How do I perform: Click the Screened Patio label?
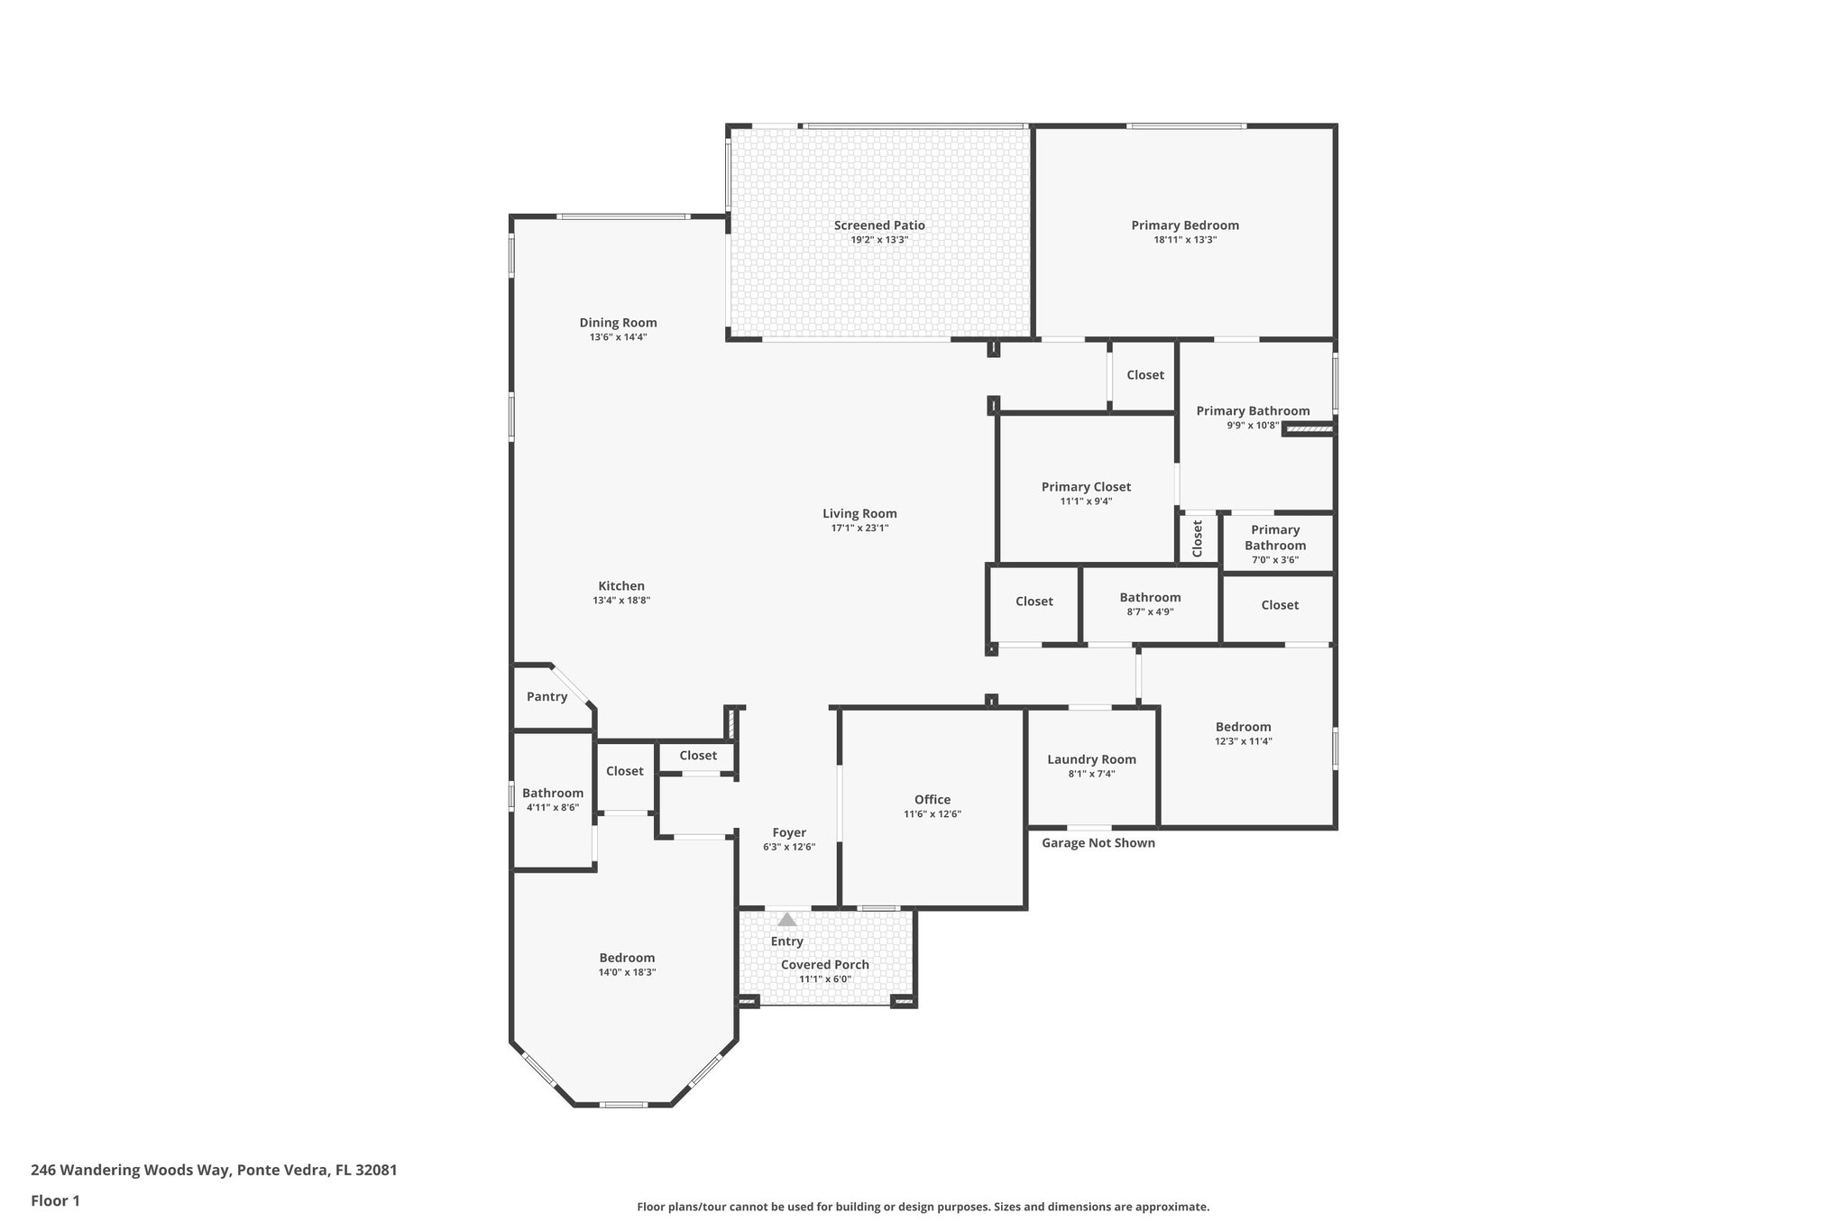click(879, 225)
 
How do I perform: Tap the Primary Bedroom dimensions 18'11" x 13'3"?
click(1185, 240)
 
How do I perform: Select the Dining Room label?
click(618, 323)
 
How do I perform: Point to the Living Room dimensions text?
click(859, 528)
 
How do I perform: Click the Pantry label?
click(547, 696)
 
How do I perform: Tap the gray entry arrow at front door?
click(787, 920)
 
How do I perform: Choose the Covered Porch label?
click(824, 964)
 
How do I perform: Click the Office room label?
click(932, 799)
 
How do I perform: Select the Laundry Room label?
click(1091, 759)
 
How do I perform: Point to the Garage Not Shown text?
click(1098, 842)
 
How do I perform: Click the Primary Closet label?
click(1086, 487)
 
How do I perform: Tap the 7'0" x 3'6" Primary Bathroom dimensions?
click(1274, 560)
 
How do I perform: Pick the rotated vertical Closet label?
click(1198, 538)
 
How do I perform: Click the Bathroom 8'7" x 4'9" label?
click(1150, 597)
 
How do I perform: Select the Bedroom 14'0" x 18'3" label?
click(627, 958)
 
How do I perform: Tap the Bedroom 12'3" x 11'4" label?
click(1243, 727)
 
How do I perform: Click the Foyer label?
click(789, 832)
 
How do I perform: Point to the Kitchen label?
click(621, 586)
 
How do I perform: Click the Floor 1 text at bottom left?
click(55, 1200)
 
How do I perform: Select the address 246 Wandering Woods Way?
click(214, 1170)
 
